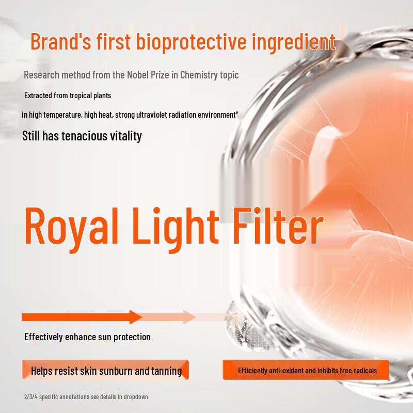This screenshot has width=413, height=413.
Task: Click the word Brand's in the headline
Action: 61,41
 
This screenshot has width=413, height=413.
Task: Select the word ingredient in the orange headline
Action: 293,43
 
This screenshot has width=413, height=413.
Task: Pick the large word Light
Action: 175,229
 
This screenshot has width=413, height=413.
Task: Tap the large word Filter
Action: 278,226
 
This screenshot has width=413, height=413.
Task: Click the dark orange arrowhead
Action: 136,317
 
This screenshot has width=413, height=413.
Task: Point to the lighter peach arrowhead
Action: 189,317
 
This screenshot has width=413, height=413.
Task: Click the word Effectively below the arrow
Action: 43,337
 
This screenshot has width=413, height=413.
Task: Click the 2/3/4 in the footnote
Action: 31,396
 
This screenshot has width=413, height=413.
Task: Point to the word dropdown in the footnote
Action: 136,397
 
